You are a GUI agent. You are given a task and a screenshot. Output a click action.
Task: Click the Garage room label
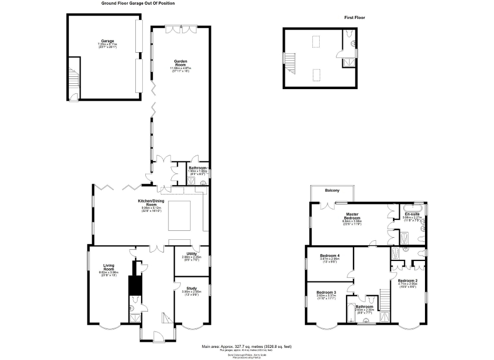click(107, 41)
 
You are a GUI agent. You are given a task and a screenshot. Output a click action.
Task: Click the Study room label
click(192, 288)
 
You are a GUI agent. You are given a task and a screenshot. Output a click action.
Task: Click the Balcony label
click(332, 190)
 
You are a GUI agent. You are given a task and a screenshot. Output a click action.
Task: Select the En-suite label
click(412, 213)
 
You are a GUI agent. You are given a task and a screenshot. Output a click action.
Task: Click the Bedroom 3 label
click(327, 293)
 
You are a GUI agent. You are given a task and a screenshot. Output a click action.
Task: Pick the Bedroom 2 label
click(408, 280)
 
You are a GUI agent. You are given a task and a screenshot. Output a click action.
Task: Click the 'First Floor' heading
click(354, 17)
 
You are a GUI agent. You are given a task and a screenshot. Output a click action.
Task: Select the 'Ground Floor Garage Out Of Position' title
click(138, 3)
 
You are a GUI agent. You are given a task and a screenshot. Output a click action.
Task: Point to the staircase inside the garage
click(73, 79)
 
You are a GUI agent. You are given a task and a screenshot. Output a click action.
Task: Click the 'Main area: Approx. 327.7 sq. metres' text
click(246, 346)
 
